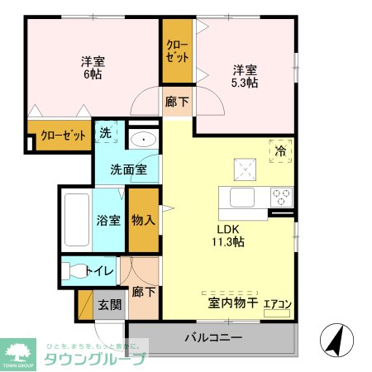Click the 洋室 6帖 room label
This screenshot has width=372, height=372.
[x=93, y=68]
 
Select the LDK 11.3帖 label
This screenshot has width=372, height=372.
[x=230, y=236]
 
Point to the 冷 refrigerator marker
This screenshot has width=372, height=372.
[x=280, y=151]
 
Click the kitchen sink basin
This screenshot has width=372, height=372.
[x=244, y=198]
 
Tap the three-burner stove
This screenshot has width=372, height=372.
[x=281, y=198]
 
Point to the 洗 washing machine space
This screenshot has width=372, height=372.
[x=106, y=132]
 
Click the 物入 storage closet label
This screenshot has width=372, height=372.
[x=143, y=220]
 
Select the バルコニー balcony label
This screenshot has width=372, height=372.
[x=212, y=337]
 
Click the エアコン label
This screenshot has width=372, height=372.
[x=277, y=304]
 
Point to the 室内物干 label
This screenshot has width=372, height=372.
[x=230, y=304]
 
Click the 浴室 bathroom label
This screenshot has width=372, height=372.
[x=108, y=221]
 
